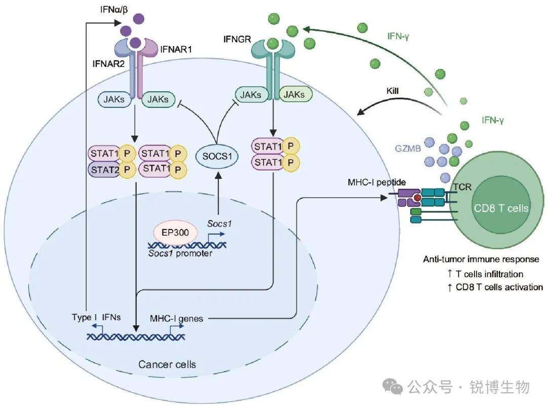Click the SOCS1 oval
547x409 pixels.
(x=217, y=156)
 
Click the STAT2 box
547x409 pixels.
(x=103, y=169)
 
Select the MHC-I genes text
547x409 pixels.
(x=176, y=318)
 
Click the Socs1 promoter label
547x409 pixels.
(x=180, y=253)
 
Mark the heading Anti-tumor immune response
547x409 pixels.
(x=481, y=259)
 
